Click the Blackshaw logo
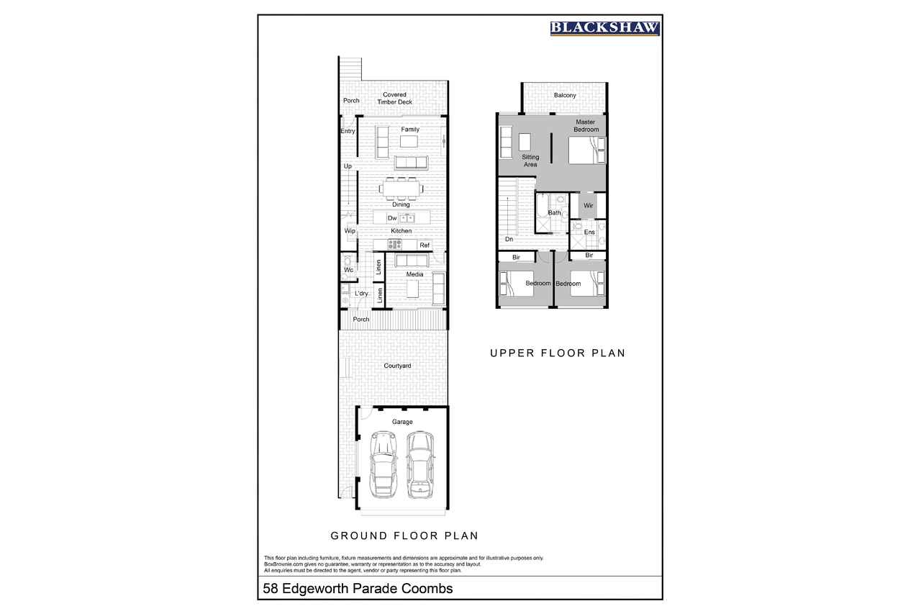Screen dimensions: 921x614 pyautogui.click(x=605, y=28)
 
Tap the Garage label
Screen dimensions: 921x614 pyautogui.click(x=402, y=422)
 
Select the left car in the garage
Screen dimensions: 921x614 pyautogui.click(x=384, y=464)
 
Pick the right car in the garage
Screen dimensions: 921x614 pyautogui.click(x=421, y=464)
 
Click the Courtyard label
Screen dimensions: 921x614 pyautogui.click(x=397, y=366)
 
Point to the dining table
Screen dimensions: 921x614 pyautogui.click(x=401, y=189)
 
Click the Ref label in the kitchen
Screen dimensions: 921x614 pyautogui.click(x=425, y=245)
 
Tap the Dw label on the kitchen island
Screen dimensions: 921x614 pyautogui.click(x=392, y=218)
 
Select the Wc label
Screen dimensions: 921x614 pyautogui.click(x=349, y=270)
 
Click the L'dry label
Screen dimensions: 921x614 pyautogui.click(x=361, y=293)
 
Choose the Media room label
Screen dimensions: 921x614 pyautogui.click(x=414, y=274)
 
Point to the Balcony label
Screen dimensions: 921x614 pyautogui.click(x=565, y=95)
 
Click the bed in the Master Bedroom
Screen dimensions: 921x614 pyautogui.click(x=587, y=150)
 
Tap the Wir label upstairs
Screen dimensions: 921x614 pyautogui.click(x=589, y=205)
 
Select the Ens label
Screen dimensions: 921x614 pyautogui.click(x=589, y=232)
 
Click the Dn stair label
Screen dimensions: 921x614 pyautogui.click(x=509, y=239)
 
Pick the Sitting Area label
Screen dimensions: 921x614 pyautogui.click(x=530, y=161)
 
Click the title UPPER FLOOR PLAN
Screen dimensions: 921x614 pyautogui.click(x=558, y=353)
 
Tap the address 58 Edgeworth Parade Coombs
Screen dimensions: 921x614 pyautogui.click(x=358, y=589)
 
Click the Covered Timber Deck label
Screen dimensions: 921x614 pyautogui.click(x=395, y=98)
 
